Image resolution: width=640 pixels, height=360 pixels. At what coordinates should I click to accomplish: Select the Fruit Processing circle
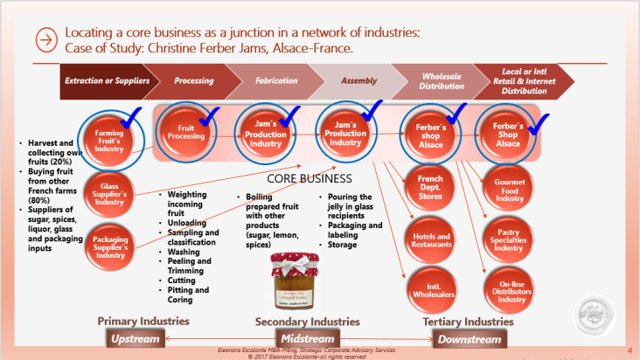point(185,132)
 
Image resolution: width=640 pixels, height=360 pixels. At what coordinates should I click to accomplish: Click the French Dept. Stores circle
point(424,187)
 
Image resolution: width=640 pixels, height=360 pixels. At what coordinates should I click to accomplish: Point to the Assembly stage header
point(358,80)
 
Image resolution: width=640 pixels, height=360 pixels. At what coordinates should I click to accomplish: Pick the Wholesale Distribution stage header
point(442,80)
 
